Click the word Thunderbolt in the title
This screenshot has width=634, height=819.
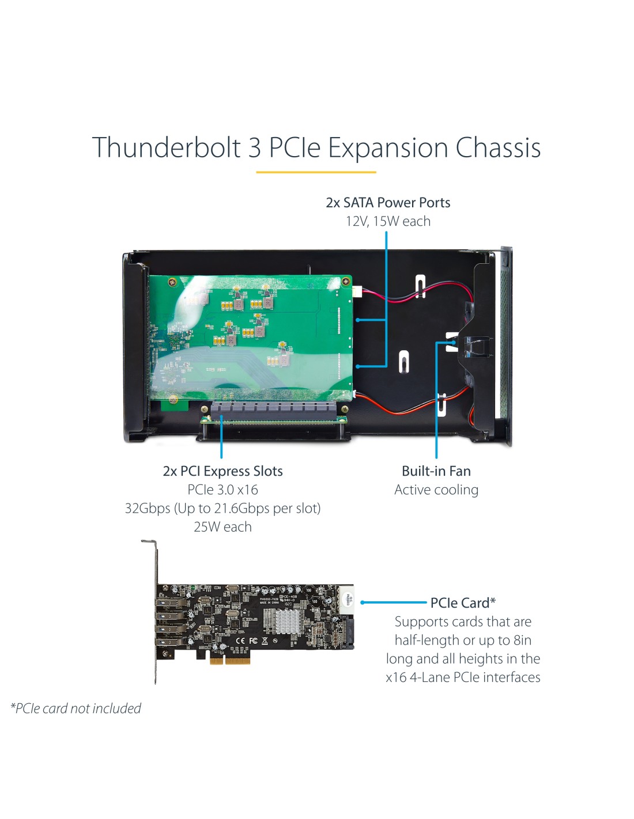pos(167,147)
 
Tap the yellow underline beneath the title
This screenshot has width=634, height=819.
pos(316,172)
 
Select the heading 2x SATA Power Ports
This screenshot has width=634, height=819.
pos(388,203)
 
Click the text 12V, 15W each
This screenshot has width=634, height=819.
pos(388,221)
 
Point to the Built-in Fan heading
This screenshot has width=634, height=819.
pos(436,471)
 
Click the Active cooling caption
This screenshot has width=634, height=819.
pos(436,490)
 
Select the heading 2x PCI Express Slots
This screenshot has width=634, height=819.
pos(222,471)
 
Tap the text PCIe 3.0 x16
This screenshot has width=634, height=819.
pos(222,490)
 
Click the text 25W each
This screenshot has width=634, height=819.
pos(222,527)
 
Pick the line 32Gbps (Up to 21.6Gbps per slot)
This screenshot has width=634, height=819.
pos(222,509)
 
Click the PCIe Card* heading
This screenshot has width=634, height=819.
pos(463,603)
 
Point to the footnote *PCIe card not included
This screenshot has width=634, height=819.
pos(76,708)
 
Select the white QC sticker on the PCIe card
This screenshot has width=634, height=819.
pos(346,600)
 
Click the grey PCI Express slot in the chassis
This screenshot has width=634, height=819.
pos(273,411)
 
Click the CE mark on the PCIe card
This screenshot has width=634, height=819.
pos(240,640)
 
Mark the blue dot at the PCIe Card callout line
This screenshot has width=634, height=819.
pos(362,602)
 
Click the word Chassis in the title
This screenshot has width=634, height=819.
pos(498,147)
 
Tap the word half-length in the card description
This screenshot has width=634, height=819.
pos(426,640)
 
